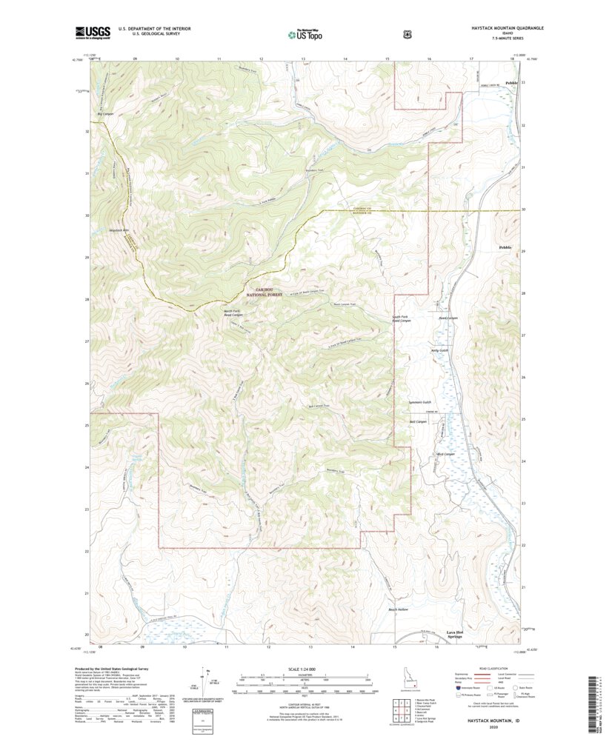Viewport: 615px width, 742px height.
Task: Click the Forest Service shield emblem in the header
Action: click(x=408, y=33)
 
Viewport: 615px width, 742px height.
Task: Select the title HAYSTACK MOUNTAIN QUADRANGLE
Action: click(x=508, y=27)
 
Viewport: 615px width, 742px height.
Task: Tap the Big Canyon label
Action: click(x=105, y=114)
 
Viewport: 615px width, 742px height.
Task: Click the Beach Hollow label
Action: click(x=399, y=610)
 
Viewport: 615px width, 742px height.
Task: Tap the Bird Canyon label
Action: click(x=444, y=454)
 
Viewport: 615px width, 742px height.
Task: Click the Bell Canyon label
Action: click(x=419, y=421)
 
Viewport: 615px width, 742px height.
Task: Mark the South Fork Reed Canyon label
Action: click(x=400, y=319)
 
